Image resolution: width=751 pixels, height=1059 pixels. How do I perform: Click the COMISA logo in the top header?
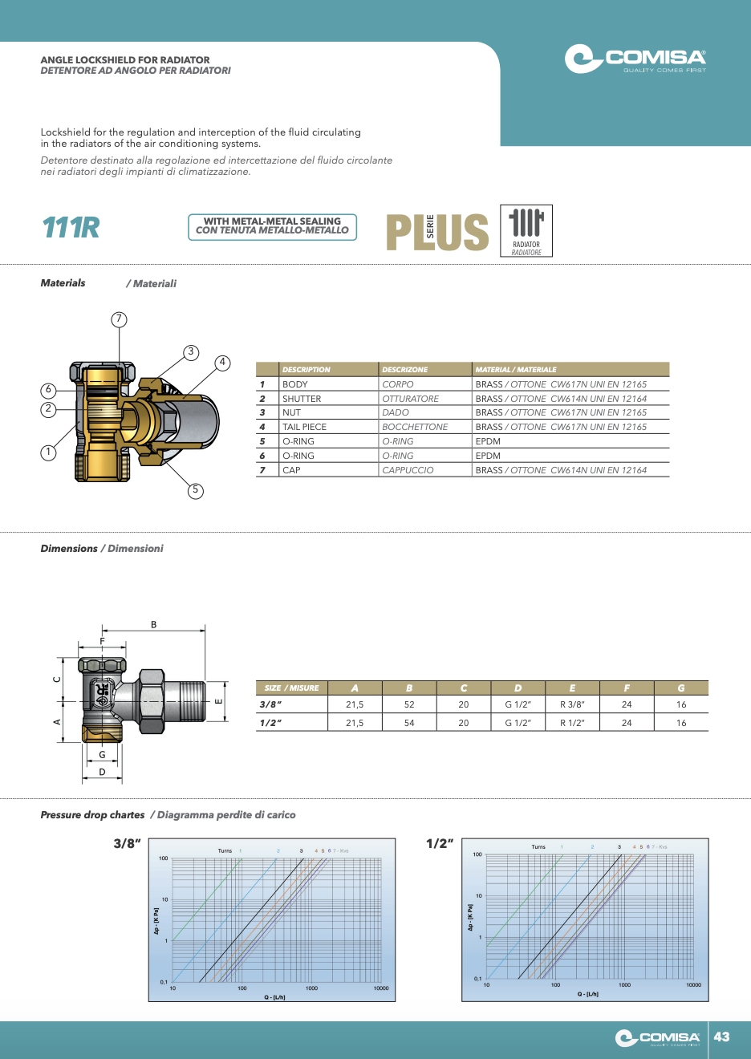(635, 59)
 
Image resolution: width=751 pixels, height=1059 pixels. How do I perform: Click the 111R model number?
(71, 228)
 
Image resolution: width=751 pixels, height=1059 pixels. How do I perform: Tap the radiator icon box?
(526, 230)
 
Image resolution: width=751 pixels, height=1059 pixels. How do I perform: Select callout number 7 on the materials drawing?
(119, 319)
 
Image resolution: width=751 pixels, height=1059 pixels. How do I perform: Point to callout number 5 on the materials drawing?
(195, 490)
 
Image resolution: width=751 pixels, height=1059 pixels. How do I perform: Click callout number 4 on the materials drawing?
(222, 363)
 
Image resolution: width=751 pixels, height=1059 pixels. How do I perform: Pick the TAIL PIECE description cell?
(304, 427)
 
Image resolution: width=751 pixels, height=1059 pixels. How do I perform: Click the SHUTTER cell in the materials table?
(302, 399)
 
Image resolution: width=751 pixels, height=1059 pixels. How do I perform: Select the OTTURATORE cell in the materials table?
(411, 399)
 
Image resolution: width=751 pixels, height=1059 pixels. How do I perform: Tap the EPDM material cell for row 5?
(488, 441)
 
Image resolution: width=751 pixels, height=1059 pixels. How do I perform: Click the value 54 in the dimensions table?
(409, 723)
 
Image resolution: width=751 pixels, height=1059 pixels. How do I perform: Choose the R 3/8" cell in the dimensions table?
(572, 704)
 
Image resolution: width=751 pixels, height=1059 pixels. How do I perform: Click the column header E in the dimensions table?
(572, 688)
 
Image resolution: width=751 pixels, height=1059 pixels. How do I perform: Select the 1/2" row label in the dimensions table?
(270, 723)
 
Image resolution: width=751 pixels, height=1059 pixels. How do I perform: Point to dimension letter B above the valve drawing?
(154, 624)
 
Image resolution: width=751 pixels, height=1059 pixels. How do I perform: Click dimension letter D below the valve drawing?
(102, 772)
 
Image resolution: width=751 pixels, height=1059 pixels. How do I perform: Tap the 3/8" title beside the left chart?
(127, 843)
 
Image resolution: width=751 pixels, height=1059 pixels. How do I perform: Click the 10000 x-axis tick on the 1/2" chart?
(693, 984)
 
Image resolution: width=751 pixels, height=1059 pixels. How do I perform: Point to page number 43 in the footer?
(722, 1037)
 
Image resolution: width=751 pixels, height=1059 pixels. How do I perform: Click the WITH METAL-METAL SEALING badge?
(272, 226)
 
